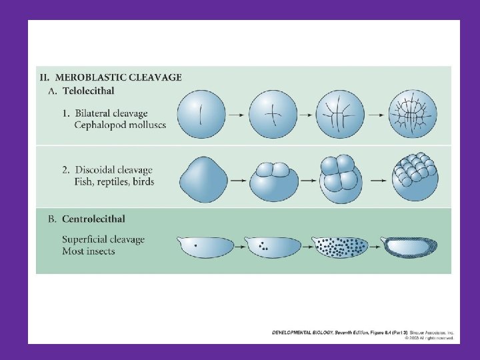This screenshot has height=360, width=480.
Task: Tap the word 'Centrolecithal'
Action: (x=93, y=219)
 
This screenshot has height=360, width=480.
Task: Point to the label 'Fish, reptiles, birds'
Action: (x=114, y=182)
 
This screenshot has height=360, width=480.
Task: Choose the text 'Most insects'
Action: (x=89, y=251)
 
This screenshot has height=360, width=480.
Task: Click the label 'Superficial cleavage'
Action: (x=103, y=239)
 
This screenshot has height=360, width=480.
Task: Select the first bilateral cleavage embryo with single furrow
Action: (x=200, y=114)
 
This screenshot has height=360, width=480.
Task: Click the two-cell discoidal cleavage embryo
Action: (x=273, y=180)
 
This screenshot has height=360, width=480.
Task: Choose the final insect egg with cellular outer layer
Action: (x=413, y=248)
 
